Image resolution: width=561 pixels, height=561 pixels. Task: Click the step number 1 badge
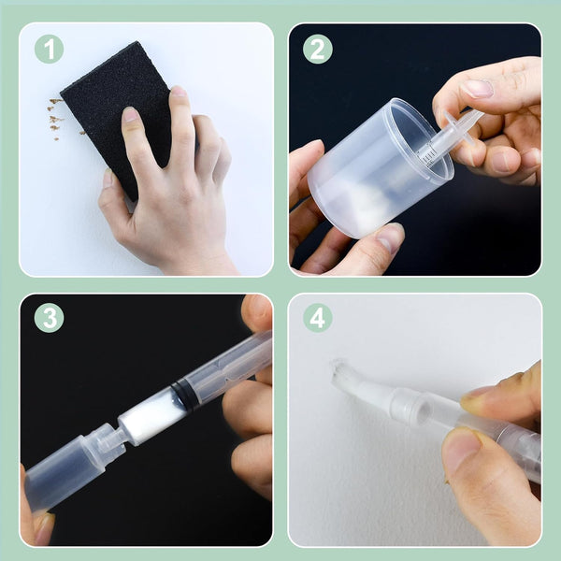coord(49,49)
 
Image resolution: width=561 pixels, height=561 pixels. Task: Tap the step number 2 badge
coord(317,49)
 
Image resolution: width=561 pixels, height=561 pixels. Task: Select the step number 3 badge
coord(49,318)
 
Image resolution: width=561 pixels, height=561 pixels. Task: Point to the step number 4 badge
coord(317,318)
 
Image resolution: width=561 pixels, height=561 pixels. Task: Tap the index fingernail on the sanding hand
coord(130,114)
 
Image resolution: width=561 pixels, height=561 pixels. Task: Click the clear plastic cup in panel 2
coord(380,168)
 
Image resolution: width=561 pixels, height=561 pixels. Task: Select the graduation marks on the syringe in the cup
coord(427,154)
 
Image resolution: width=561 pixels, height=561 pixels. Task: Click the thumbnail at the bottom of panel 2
coord(390,237)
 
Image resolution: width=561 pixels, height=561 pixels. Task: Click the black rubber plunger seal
coord(184,394)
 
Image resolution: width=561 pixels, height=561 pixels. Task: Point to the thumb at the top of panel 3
coord(257,312)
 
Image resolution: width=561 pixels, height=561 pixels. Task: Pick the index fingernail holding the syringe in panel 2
coord(479,89)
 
